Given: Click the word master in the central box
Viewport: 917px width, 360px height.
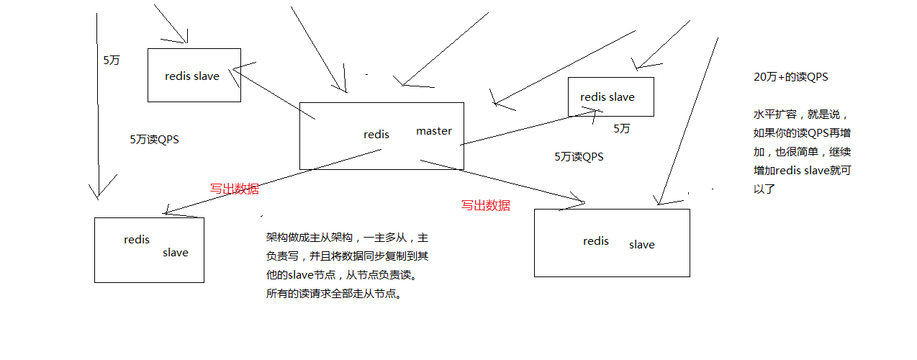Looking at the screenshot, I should point(433,131).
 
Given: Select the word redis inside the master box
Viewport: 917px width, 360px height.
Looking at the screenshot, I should point(376,135).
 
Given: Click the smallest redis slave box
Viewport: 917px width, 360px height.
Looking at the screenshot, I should point(610,96).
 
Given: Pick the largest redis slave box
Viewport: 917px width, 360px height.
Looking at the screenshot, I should point(612,243).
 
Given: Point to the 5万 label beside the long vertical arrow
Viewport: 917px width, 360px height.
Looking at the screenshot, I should point(112,60).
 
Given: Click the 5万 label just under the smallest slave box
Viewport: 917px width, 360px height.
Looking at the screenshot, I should point(621,129).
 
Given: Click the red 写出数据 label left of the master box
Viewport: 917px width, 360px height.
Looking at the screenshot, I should point(234,189).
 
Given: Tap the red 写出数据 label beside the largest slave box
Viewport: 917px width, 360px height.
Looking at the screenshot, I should point(485,205).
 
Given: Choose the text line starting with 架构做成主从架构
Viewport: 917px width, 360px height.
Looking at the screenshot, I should point(347,238).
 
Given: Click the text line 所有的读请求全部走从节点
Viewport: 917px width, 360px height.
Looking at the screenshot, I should point(333,294).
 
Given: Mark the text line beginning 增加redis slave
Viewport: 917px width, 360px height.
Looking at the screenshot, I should point(802,171).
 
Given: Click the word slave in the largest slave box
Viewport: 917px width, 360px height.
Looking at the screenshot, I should point(641,245).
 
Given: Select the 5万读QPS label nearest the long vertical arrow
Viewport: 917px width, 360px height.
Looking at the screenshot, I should point(153,140).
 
